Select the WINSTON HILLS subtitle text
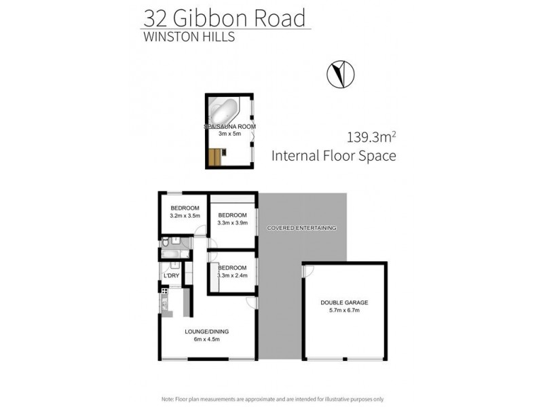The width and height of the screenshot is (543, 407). pos(188,37)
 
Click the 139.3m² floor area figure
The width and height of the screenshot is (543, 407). pos(372,137)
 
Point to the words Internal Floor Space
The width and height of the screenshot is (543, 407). pos(333,156)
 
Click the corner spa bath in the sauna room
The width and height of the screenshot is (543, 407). pos(224,111)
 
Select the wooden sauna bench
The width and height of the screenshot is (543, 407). pos(215,157)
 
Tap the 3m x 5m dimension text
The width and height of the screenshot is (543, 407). pos(230,134)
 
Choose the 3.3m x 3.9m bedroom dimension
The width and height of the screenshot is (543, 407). pos(232,222)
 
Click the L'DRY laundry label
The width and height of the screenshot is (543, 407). pos(171,275)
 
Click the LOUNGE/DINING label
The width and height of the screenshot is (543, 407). pos(207,331)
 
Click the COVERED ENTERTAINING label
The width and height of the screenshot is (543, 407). pos(301,228)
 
